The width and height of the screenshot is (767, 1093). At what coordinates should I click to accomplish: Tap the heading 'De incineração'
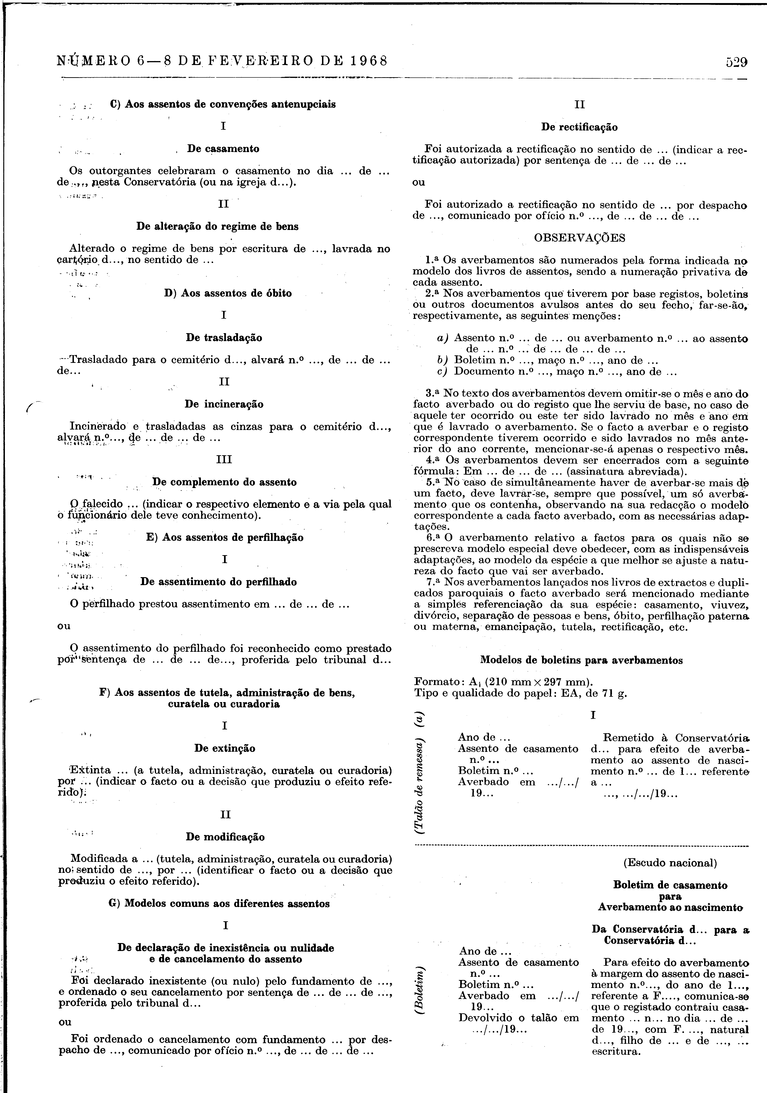click(224, 404)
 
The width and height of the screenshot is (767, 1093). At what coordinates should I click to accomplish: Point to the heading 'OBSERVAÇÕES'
click(580, 238)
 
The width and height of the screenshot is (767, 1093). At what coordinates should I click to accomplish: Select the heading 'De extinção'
click(224, 748)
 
